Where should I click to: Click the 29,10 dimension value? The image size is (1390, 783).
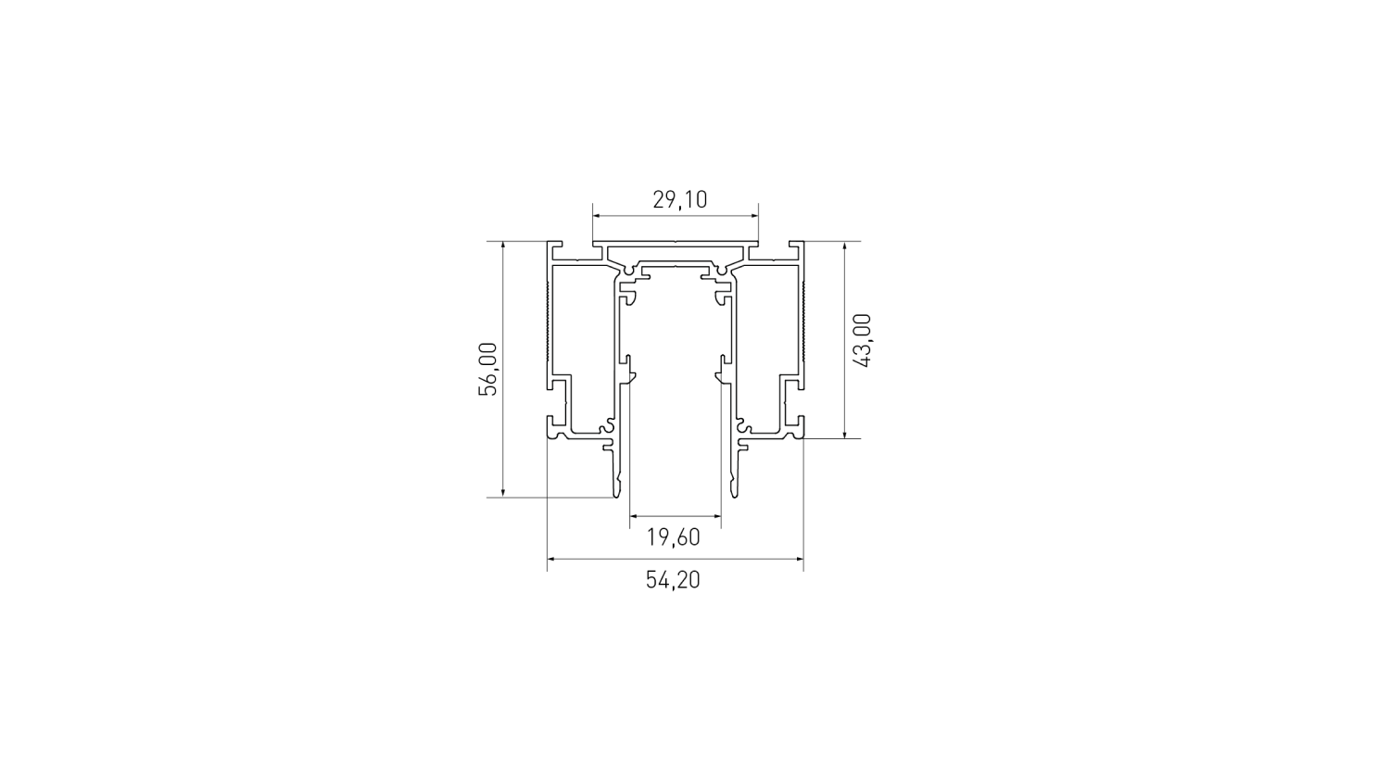(x=679, y=200)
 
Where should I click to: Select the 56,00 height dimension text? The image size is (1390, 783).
(x=487, y=369)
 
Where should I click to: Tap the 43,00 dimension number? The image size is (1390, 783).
(x=863, y=341)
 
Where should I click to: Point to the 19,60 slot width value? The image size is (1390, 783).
(x=674, y=537)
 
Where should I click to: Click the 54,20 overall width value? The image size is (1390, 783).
(x=674, y=580)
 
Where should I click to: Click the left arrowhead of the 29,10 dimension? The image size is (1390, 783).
(x=597, y=216)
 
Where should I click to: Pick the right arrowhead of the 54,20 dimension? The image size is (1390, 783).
(x=799, y=559)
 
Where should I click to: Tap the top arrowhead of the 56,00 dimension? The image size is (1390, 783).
(x=502, y=246)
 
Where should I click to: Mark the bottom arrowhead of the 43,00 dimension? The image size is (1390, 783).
(x=844, y=434)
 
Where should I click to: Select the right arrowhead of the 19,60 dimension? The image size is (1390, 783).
(x=716, y=515)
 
